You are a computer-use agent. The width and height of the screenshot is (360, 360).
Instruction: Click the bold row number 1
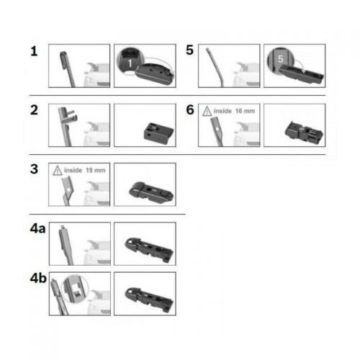[34, 51]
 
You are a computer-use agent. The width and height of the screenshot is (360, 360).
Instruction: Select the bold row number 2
[34, 110]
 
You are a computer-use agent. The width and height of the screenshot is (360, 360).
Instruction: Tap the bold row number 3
[34, 169]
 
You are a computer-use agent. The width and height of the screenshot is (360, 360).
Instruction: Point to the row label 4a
[37, 228]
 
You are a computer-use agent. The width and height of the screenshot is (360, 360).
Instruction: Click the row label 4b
[38, 278]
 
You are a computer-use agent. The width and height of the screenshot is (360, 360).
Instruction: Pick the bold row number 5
[189, 50]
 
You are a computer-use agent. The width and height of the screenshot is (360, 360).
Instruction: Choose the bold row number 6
[190, 110]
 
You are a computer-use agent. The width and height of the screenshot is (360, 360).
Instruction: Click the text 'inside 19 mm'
[85, 171]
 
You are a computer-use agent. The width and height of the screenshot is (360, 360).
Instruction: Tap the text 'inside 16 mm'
[234, 111]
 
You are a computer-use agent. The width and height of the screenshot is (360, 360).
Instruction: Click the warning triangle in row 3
[58, 171]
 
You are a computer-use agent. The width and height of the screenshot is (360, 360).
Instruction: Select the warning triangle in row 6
[207, 112]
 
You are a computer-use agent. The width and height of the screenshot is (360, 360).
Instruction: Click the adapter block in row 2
[158, 133]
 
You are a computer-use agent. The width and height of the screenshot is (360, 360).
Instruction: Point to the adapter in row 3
[151, 192]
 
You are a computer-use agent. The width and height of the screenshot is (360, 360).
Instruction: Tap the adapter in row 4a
[149, 250]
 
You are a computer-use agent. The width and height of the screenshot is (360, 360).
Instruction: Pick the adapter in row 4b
[149, 300]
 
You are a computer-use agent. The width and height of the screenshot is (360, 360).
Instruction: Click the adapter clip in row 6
[304, 132]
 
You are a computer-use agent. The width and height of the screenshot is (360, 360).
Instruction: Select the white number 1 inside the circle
[130, 63]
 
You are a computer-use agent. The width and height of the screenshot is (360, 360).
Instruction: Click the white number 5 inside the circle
[280, 59]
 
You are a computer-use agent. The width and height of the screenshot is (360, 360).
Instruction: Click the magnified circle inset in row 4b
[75, 289]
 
